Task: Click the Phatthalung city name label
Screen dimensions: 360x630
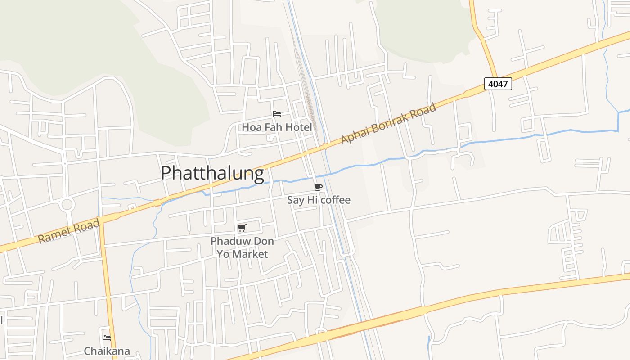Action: coord(212,174)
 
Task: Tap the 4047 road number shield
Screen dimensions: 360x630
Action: coord(498,84)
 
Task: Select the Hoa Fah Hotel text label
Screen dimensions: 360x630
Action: coord(277,127)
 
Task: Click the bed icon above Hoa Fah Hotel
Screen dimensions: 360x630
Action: coord(277,114)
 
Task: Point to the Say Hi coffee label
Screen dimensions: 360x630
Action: coord(319,200)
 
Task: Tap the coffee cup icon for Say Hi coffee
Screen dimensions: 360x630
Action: coord(319,187)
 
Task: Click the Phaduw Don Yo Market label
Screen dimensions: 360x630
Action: coord(242,247)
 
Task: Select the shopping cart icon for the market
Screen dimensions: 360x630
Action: coord(242,228)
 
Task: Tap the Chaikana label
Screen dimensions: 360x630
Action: coord(107,351)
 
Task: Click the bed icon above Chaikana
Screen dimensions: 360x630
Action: coord(107,337)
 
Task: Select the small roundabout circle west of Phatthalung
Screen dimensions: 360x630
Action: coord(67,205)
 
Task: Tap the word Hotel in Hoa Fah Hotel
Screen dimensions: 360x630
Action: coord(298,127)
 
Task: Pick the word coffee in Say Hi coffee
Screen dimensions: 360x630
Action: coord(335,200)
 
